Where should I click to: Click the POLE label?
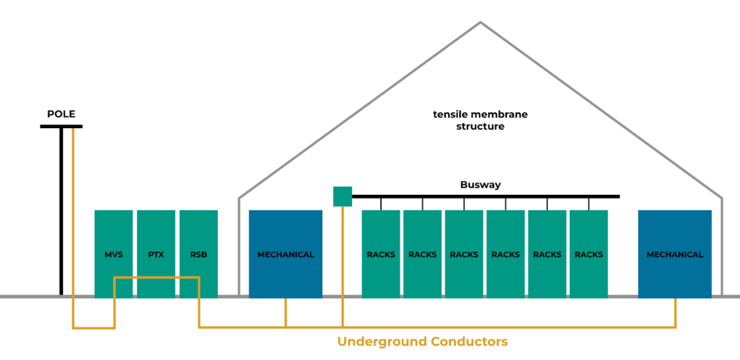61,114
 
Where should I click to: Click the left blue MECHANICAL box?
285,254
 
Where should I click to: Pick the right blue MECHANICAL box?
675,254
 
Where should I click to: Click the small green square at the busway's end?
342,196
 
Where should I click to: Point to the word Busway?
480,185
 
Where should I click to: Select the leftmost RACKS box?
381,254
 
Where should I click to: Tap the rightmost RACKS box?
589,254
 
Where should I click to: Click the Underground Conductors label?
423,341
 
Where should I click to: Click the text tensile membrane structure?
480,120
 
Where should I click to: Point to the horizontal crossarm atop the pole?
61,126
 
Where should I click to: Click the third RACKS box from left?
464,254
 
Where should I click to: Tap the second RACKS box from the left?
422,254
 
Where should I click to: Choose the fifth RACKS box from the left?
547,254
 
